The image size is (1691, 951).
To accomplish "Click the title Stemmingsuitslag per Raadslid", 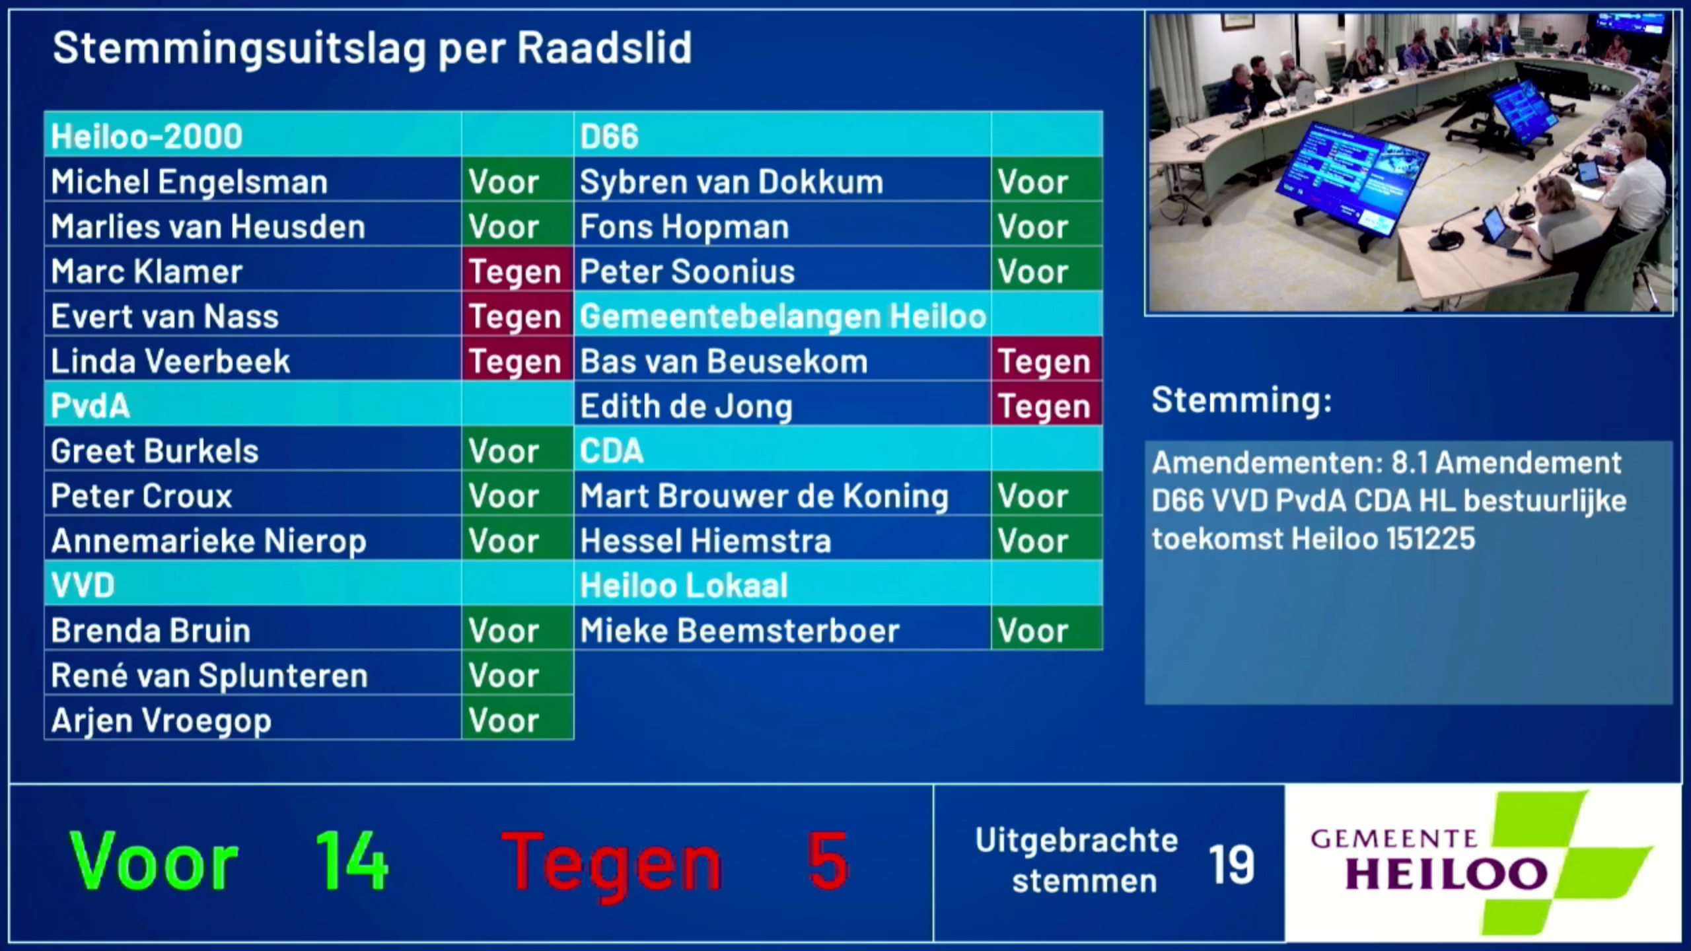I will (372, 48).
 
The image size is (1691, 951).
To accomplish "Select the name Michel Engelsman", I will (189, 182).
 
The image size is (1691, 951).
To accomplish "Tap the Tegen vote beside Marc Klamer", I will (515, 271).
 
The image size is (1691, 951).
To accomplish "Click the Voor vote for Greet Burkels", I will (503, 451).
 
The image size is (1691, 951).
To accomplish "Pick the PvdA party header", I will (90, 405).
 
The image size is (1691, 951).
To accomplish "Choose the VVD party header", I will (83, 585).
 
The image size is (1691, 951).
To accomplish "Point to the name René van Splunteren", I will (209, 676).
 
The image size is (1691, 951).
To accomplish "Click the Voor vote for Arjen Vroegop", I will (503, 721).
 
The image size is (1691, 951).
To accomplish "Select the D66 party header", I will (609, 137).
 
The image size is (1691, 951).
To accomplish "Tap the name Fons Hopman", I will (684, 227).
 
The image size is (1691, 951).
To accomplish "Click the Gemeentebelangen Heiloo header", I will (783, 316).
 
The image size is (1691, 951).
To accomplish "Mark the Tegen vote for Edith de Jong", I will (1044, 406).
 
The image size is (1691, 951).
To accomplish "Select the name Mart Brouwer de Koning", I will (764, 496).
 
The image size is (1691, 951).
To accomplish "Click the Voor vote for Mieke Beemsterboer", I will (1032, 631).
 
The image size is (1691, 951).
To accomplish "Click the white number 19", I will (1231, 864).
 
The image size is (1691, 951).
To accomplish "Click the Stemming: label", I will (1241, 400).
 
